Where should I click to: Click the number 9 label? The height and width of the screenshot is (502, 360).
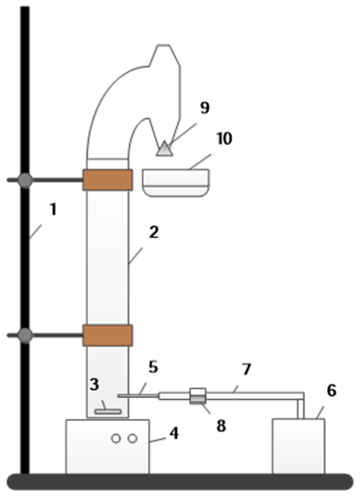[205, 108]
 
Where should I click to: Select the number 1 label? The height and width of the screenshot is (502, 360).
[53, 210]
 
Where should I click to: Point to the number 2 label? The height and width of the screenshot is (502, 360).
[154, 232]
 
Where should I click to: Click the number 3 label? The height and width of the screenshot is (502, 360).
[94, 384]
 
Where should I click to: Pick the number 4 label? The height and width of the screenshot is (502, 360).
[174, 433]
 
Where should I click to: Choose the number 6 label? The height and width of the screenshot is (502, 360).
[332, 391]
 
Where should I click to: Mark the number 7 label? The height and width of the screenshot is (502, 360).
[247, 370]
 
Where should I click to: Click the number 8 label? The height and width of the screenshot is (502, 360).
[221, 426]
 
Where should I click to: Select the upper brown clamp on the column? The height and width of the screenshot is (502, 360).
[107, 180]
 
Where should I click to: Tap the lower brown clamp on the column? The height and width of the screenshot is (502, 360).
[107, 335]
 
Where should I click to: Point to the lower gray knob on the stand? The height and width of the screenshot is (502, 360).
[25, 335]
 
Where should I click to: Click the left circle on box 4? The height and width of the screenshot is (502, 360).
[116, 439]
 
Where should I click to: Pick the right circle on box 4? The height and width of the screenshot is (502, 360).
[132, 439]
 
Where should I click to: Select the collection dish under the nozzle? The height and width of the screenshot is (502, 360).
[176, 183]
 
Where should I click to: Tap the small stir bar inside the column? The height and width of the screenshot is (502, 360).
[108, 412]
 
